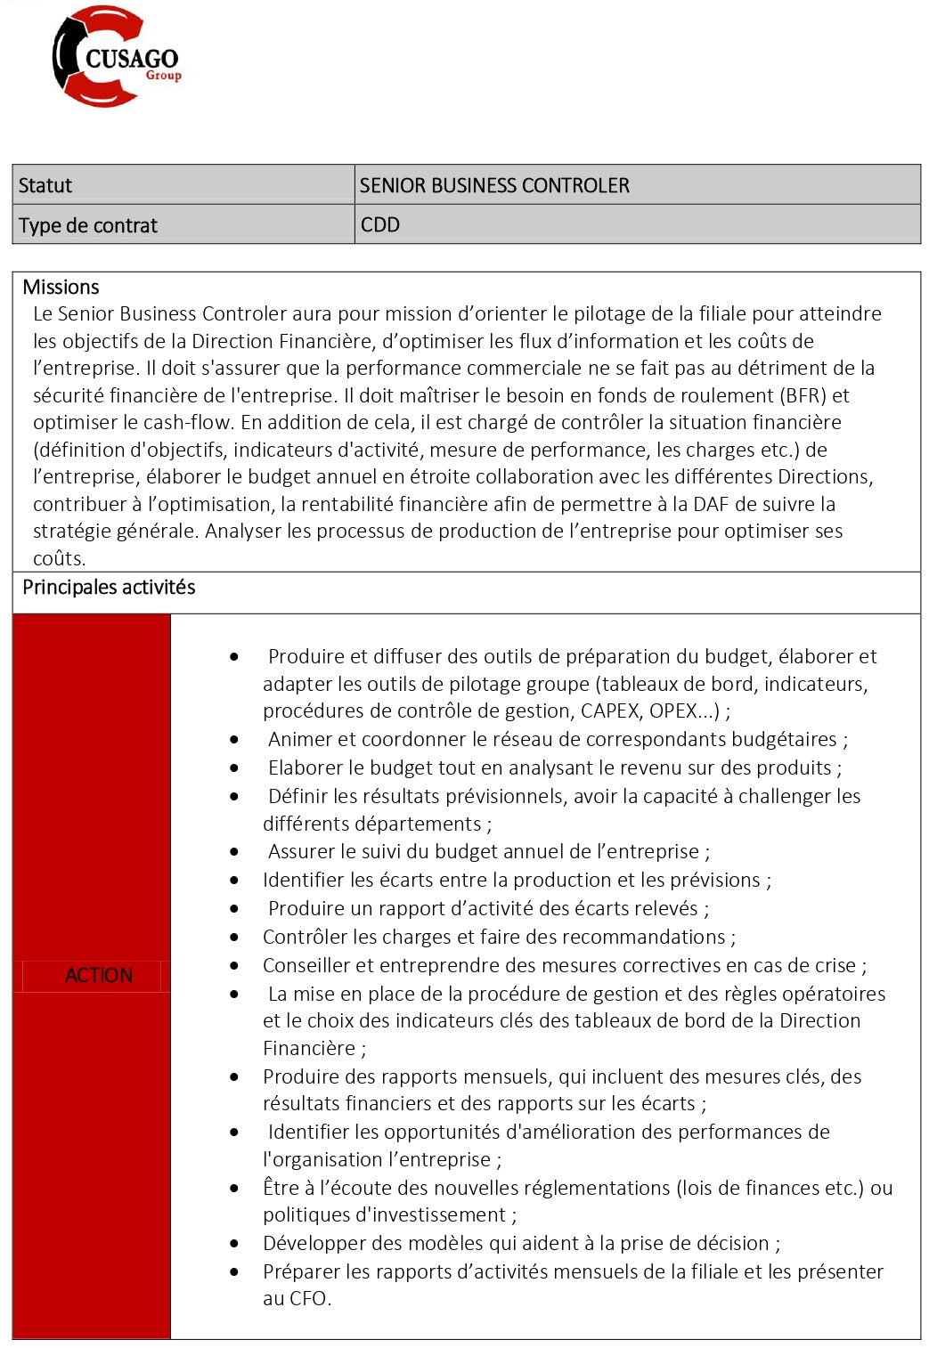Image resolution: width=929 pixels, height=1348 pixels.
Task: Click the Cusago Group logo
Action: tap(116, 57)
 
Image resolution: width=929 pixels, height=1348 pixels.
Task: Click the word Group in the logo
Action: tap(164, 76)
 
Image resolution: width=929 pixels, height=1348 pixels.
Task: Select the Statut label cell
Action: tap(45, 185)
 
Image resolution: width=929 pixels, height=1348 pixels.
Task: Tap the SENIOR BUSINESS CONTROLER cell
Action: tap(494, 185)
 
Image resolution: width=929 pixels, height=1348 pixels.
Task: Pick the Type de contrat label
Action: tap(88, 225)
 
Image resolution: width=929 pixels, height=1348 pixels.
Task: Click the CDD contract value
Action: tap(380, 224)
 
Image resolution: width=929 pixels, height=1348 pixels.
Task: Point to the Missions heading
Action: tap(61, 287)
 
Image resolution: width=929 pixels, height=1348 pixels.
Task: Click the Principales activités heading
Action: tap(109, 587)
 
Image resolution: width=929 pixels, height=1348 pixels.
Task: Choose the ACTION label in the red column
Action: tap(99, 975)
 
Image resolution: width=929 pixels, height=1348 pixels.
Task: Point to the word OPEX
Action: tap(673, 711)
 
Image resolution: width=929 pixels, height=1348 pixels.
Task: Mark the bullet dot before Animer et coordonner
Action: tap(234, 739)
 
